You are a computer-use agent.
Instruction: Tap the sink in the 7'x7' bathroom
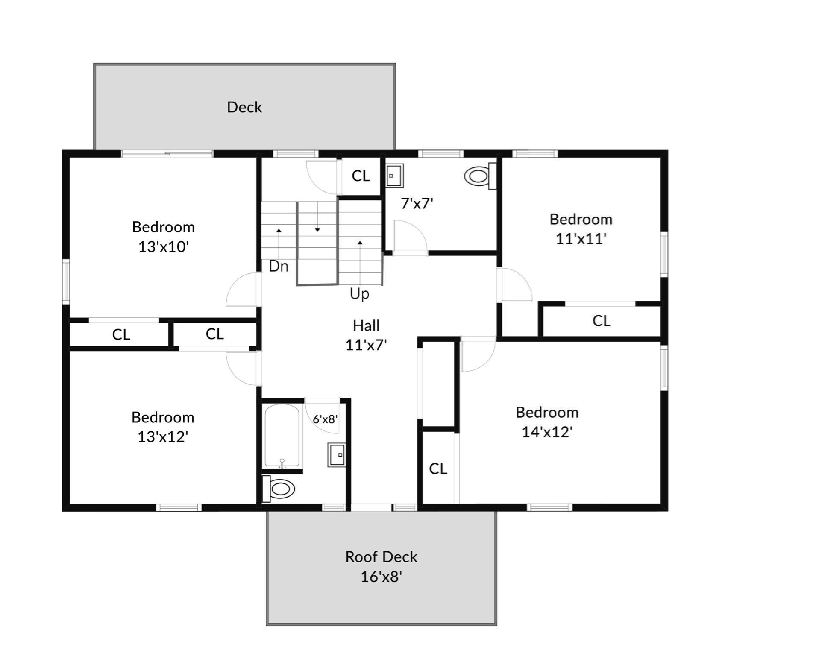pos(394,176)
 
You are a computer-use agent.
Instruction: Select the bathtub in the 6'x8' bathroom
pos(282,436)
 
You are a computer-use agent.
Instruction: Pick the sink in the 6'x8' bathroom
pos(337,455)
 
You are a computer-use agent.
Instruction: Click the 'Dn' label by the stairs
pos(279,266)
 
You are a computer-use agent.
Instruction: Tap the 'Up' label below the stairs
pos(359,294)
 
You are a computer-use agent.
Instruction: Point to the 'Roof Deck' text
pos(381,557)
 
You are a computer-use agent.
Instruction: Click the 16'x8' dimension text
pos(381,577)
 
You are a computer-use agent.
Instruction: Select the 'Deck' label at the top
pos(244,107)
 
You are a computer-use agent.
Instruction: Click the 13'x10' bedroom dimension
pos(163,247)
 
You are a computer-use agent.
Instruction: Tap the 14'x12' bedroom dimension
pos(547,432)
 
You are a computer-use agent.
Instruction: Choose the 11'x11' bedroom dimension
pos(581,239)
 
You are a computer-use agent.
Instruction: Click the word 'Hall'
pos(366,326)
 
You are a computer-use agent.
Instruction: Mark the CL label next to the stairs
pos(361,176)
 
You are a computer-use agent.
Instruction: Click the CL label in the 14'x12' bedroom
pos(438,469)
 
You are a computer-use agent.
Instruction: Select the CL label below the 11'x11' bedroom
pos(601,321)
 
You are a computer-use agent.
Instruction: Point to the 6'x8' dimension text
pos(325,419)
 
